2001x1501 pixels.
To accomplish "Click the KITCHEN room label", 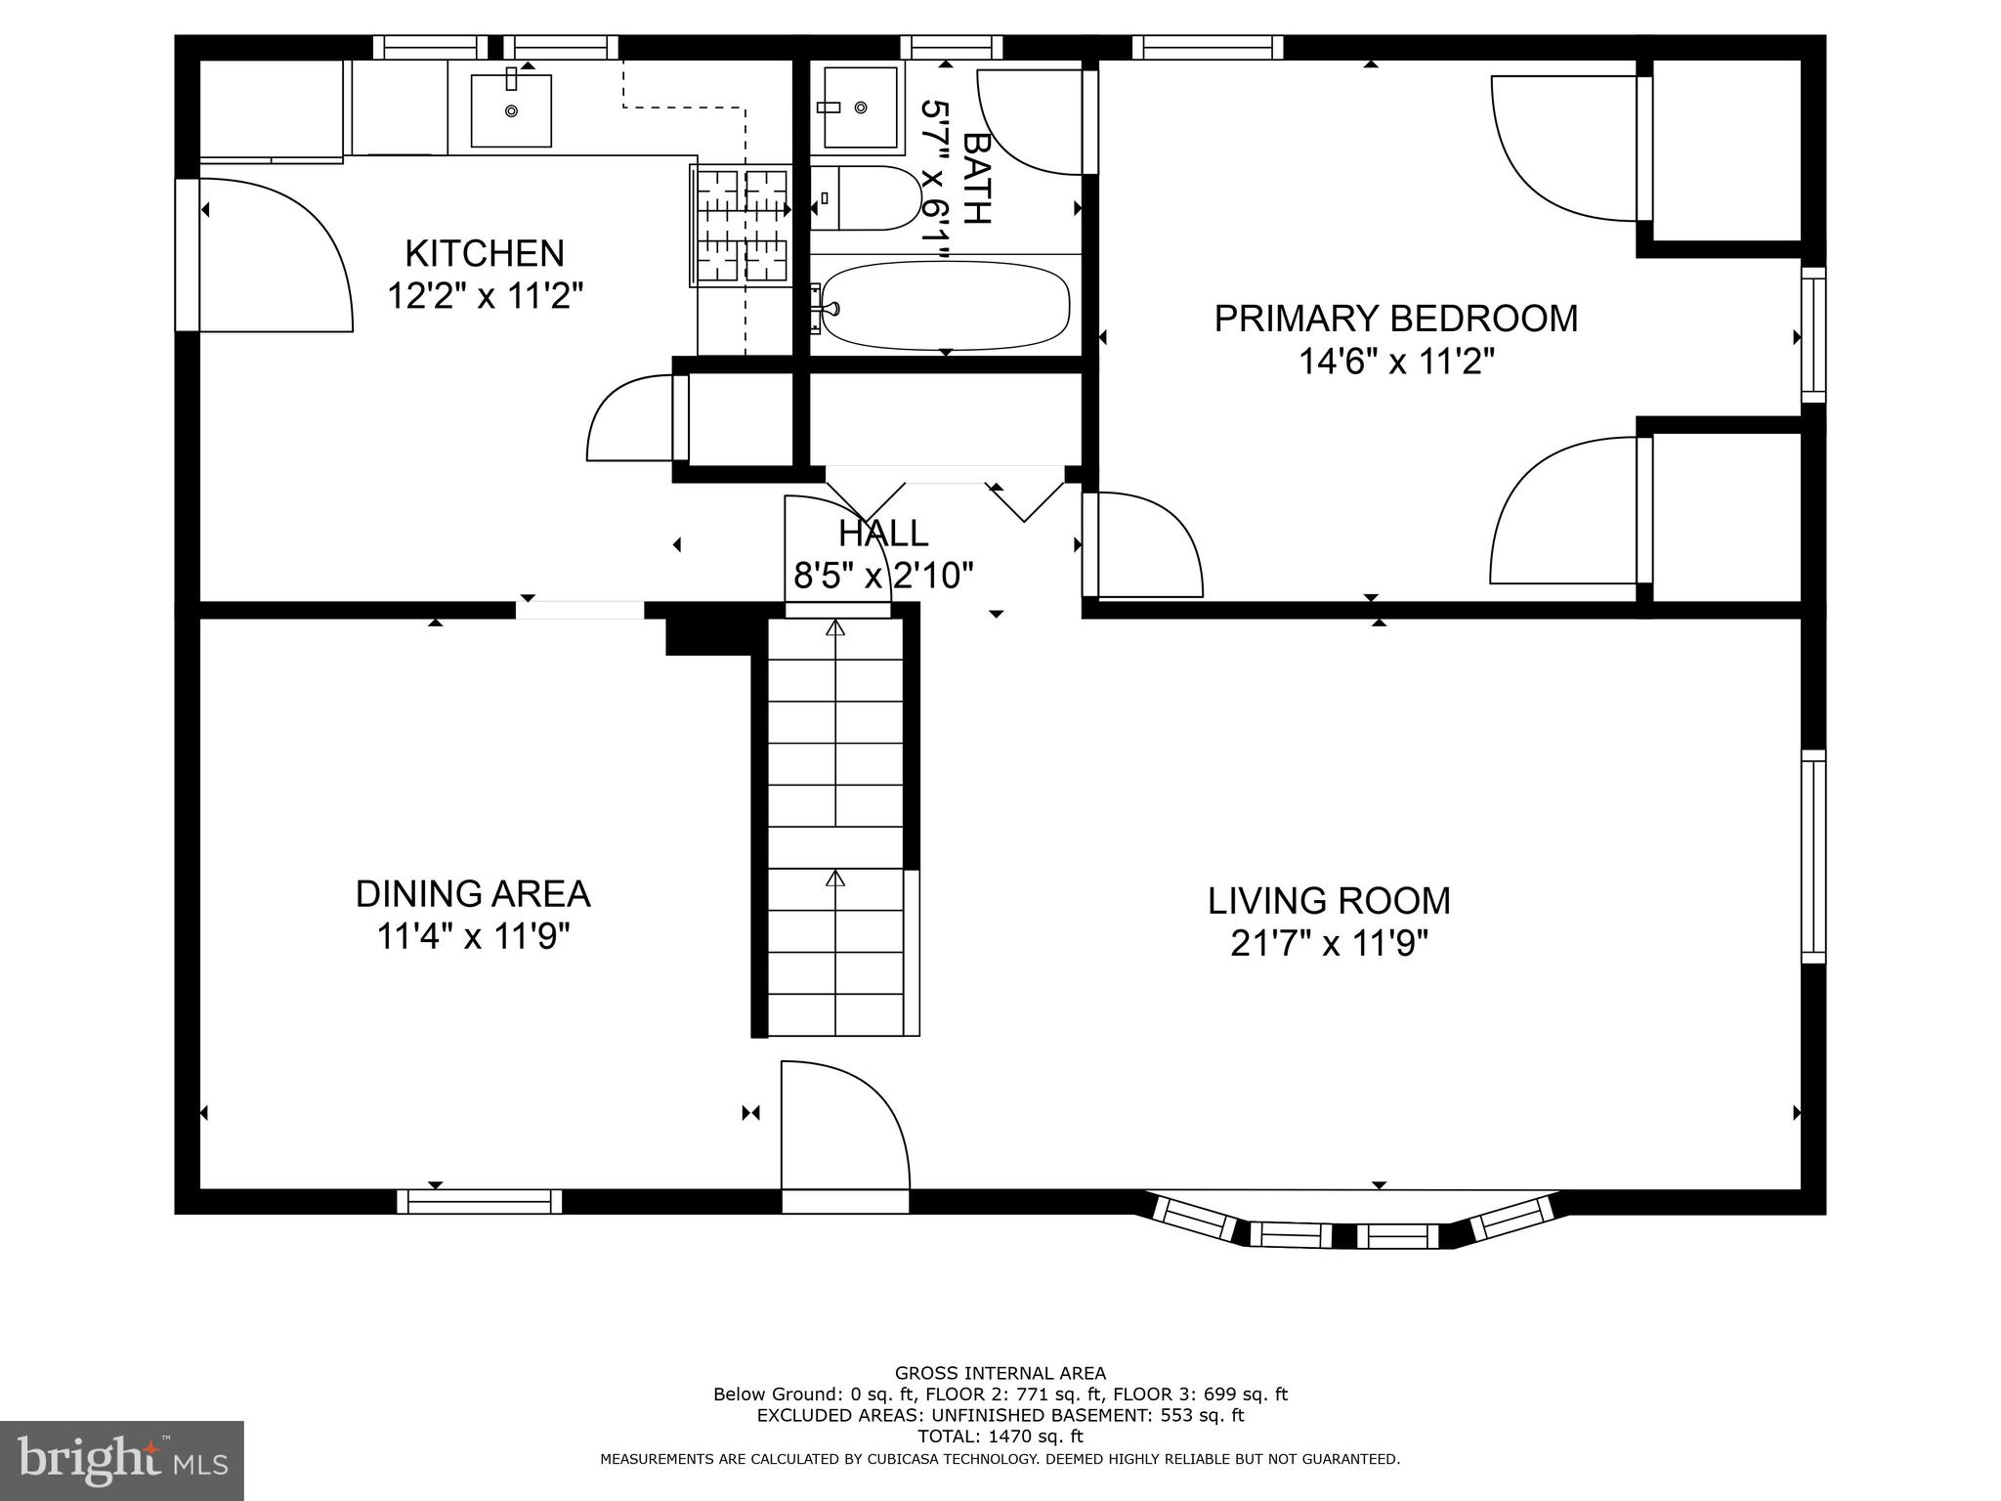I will [485, 254].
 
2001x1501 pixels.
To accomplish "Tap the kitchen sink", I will [511, 110].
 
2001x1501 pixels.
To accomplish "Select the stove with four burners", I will [740, 226].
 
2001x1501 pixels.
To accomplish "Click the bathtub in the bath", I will [945, 305].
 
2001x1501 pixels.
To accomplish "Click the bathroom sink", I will [859, 107].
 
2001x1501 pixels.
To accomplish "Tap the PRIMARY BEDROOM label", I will [1395, 319].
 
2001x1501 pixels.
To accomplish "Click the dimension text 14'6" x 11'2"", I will [1395, 363].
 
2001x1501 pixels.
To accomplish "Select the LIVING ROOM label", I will [1329, 900].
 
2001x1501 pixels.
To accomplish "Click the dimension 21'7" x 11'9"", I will [1329, 944].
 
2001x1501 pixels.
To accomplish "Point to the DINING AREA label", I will [473, 893].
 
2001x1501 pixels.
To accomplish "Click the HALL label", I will [883, 534].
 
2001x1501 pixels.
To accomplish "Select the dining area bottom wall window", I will [479, 1201].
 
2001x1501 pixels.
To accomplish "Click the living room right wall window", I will [1812, 856].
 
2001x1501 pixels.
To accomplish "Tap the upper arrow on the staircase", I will [835, 628].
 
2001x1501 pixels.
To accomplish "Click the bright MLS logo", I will [122, 1460].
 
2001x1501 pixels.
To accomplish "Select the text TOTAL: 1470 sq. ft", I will [1000, 1437].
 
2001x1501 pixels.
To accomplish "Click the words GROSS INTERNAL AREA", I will [1000, 1373].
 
